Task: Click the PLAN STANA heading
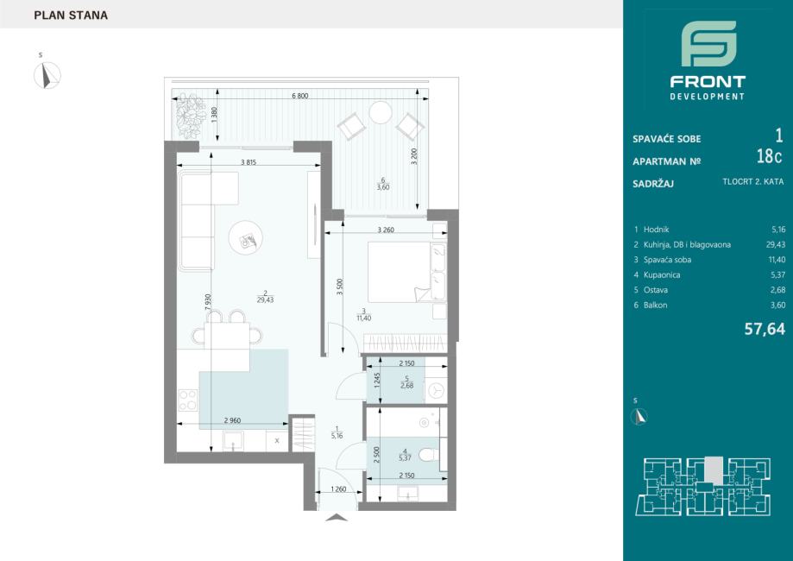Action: [71, 16]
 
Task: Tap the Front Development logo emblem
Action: [708, 43]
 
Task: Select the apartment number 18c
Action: [769, 157]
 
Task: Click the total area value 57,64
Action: [765, 330]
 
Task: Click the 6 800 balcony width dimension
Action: [300, 96]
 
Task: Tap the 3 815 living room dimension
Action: [249, 162]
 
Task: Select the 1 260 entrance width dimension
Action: [338, 489]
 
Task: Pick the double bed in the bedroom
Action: [406, 272]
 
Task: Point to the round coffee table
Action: [246, 237]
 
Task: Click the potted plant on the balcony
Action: [190, 116]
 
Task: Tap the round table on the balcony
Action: [381, 112]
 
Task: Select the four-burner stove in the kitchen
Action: [187, 400]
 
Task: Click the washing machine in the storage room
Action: [436, 390]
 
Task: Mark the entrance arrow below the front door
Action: [336, 517]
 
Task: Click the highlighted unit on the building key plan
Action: [714, 470]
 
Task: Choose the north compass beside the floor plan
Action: [47, 75]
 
